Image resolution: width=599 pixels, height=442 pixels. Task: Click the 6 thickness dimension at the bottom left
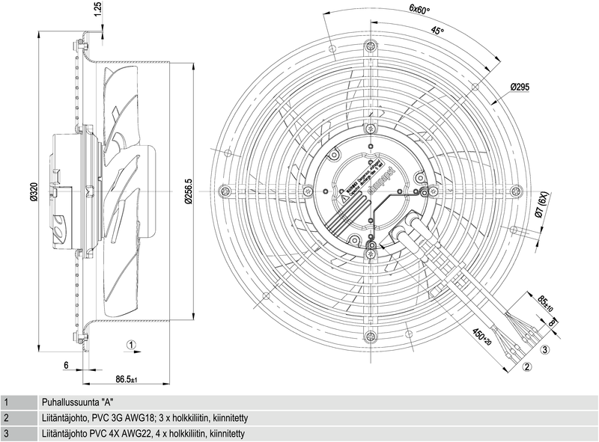66,366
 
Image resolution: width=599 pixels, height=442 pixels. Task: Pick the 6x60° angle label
419,10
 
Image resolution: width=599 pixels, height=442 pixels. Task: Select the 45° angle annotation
438,31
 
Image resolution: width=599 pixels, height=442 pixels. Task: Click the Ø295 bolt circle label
520,88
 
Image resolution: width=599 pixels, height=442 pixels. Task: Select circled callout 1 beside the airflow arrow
131,346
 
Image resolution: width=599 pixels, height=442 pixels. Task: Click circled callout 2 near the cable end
527,366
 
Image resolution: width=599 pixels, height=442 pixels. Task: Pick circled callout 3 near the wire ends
546,349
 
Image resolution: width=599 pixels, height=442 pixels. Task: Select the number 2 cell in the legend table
6,418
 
